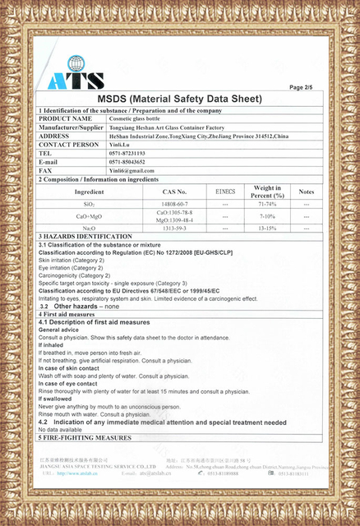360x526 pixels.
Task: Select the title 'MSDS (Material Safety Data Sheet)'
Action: [179, 98]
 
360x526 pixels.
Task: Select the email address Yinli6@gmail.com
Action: [132, 170]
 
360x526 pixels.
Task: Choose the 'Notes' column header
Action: [306, 191]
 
